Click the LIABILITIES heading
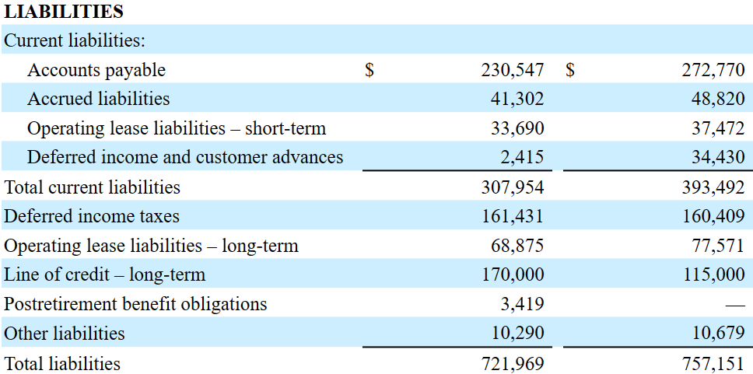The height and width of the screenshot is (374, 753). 63,12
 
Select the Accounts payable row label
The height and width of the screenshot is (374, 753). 96,70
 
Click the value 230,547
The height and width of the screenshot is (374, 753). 513,70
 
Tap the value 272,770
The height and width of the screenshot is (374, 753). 713,70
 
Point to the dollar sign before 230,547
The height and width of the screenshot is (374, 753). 369,70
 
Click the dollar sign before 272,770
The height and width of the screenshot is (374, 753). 569,70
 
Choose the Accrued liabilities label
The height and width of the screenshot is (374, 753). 99,99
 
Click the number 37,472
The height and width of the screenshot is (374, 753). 718,128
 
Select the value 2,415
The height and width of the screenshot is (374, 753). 522,158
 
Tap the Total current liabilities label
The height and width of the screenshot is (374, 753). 92,187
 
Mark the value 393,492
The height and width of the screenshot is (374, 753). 713,187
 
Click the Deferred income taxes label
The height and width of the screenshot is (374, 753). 91,216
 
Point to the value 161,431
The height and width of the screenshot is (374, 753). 513,216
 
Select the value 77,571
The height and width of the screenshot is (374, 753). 718,246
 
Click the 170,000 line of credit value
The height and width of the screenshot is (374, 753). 513,275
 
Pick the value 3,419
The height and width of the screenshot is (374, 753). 522,304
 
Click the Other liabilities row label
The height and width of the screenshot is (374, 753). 64,334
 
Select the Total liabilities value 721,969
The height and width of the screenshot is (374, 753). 513,364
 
